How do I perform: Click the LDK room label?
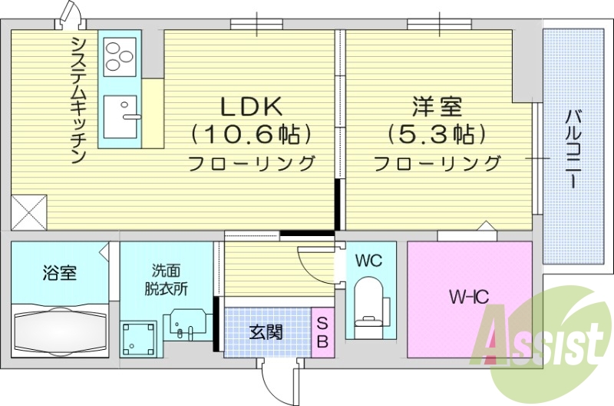pyautogui.click(x=253, y=105)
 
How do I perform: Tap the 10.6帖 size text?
pyautogui.click(x=253, y=135)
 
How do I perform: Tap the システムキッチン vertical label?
pyautogui.click(x=78, y=101)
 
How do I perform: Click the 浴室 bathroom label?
pyautogui.click(x=58, y=273)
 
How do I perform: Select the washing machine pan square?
pyautogui.click(x=139, y=337)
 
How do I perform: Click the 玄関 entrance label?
pyautogui.click(x=266, y=333)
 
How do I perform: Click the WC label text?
pyautogui.click(x=368, y=261)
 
